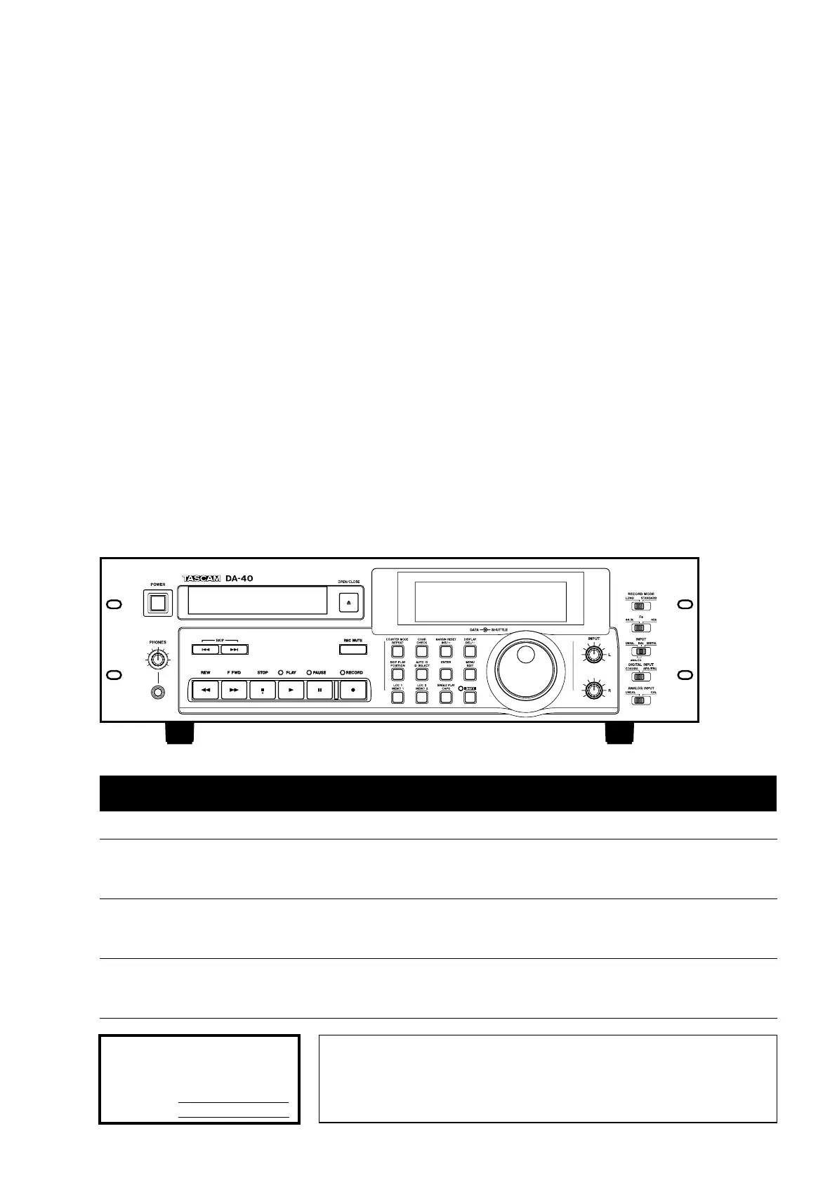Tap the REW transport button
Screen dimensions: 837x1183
coord(206,690)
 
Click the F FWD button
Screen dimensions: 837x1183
coord(234,690)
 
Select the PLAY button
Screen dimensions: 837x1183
coord(291,690)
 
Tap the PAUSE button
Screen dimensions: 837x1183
coord(319,690)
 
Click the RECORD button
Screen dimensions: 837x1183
coord(353,690)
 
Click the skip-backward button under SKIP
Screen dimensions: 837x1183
coord(205,650)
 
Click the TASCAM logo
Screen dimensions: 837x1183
coord(202,578)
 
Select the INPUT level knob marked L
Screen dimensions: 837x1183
coord(594,655)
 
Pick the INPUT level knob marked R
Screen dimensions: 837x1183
coord(594,691)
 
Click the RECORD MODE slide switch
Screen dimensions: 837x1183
coord(640,606)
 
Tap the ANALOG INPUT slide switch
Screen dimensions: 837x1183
coord(640,700)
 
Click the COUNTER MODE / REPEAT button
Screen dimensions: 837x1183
coord(397,652)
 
